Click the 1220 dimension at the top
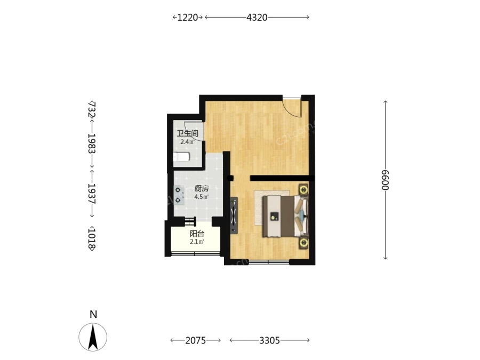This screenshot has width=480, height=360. click(x=188, y=18)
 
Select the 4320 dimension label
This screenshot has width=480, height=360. click(x=257, y=18)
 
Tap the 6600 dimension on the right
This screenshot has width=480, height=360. click(x=385, y=180)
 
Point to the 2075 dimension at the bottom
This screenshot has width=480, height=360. click(x=196, y=340)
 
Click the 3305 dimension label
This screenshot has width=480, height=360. click(x=269, y=340)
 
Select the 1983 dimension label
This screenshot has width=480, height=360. click(x=92, y=143)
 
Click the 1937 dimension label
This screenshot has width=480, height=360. click(x=92, y=194)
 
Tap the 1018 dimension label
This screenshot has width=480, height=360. click(x=92, y=239)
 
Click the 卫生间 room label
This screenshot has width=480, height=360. click(x=187, y=133)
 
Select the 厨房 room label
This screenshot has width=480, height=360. click(x=202, y=189)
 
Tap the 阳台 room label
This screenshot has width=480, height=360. click(x=197, y=234)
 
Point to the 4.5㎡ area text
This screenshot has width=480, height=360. click(x=202, y=197)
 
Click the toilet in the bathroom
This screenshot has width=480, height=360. click(x=181, y=157)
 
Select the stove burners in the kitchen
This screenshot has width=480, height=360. click(x=179, y=195)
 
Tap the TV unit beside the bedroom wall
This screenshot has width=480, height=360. click(x=234, y=215)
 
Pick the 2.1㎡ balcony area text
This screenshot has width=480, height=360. click(x=197, y=242)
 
